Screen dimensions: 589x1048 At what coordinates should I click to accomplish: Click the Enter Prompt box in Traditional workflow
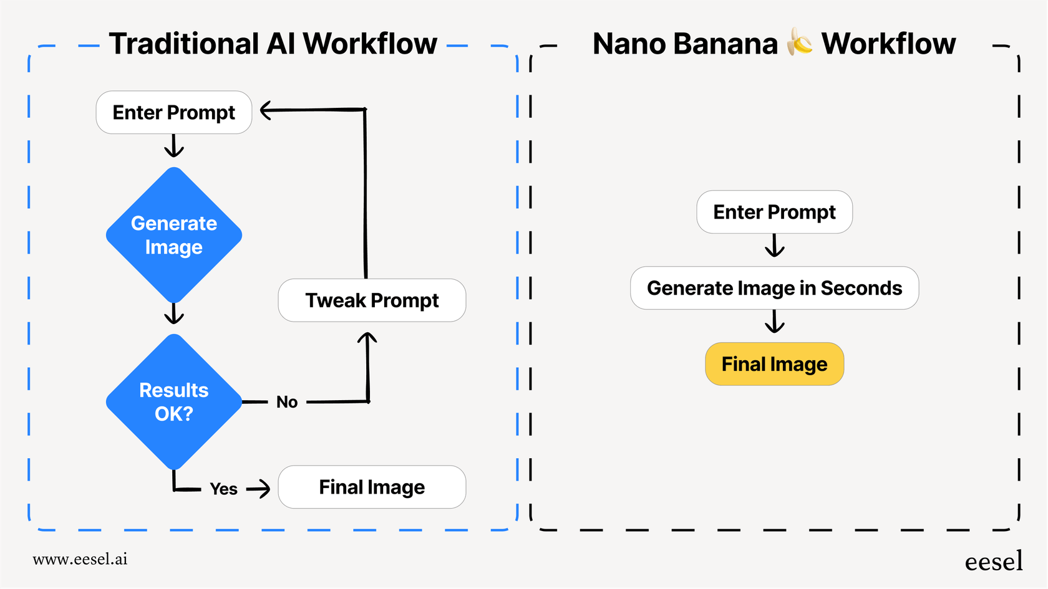[x=173, y=113]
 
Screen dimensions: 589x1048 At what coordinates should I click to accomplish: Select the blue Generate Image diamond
[x=173, y=235]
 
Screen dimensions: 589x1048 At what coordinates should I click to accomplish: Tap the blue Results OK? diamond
[x=173, y=402]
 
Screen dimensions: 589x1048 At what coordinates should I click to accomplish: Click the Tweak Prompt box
[x=372, y=300]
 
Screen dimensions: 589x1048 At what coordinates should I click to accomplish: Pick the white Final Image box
[x=372, y=487]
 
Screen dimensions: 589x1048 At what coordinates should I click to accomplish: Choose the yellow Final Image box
[x=774, y=364]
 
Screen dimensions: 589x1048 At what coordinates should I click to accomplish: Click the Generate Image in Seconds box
[x=774, y=288]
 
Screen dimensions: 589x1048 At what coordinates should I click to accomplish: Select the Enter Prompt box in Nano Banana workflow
[x=774, y=212]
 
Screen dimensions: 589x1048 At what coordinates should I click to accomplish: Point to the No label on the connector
[x=287, y=402]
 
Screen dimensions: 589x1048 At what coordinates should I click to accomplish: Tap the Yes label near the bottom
[x=223, y=489]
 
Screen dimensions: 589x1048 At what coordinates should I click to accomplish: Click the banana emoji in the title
[x=799, y=42]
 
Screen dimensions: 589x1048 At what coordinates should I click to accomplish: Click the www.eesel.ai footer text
[x=80, y=559]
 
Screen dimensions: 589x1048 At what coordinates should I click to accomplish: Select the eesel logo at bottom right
[x=993, y=562]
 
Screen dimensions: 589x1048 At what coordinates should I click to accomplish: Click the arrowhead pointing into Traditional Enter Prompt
[x=267, y=110]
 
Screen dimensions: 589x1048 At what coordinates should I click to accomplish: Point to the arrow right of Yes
[x=259, y=489]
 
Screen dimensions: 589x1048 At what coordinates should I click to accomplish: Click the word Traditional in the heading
[x=183, y=44]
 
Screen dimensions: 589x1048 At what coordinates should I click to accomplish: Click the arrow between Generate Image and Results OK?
[x=174, y=314]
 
